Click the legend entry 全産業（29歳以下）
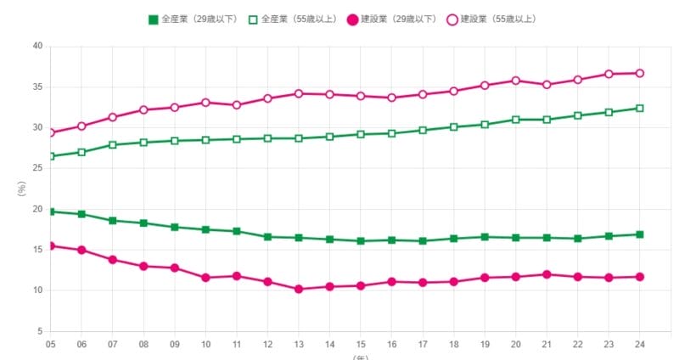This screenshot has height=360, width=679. pyautogui.click(x=196, y=19)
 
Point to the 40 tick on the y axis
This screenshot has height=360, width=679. pyautogui.click(x=37, y=46)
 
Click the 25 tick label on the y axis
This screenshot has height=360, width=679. pyautogui.click(x=37, y=168)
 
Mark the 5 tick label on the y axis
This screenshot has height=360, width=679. pyautogui.click(x=40, y=331)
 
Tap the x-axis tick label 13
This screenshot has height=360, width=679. pyautogui.click(x=299, y=345)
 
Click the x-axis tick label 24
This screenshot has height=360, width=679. pyautogui.click(x=640, y=345)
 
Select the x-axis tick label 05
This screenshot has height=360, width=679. pyautogui.click(x=50, y=345)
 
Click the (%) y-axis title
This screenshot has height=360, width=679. pyautogui.click(x=22, y=188)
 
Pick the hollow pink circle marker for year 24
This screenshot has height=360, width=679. pyautogui.click(x=640, y=73)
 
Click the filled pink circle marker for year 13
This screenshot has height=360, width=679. pyautogui.click(x=299, y=289)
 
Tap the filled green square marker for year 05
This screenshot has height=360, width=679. pyautogui.click(x=50, y=211)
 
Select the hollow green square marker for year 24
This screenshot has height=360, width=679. pyautogui.click(x=640, y=108)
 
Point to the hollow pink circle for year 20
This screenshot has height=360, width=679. pyautogui.click(x=516, y=81)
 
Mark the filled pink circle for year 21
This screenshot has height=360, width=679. pyautogui.click(x=547, y=274)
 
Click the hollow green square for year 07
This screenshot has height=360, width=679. pyautogui.click(x=112, y=144)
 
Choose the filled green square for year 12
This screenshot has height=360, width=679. pyautogui.click(x=267, y=237)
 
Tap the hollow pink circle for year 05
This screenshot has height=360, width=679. pyautogui.click(x=50, y=132)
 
